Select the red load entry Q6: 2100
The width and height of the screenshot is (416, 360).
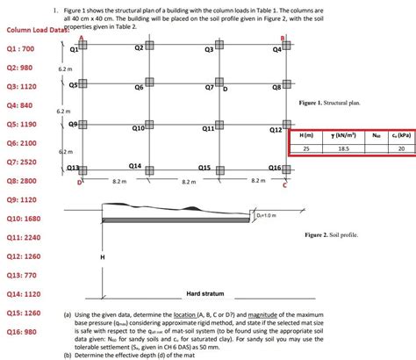tap(21, 142)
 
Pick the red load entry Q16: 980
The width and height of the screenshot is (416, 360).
tap(21, 332)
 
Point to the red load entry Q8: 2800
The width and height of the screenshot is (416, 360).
tap(21, 180)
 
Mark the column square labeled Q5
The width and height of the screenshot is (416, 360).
tap(82, 84)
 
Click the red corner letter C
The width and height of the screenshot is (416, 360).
tap(285, 185)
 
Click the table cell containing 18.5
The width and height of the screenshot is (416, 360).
tap(344, 149)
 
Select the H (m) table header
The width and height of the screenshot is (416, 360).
tap(306, 137)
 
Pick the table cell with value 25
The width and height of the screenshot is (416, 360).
tap(306, 149)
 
